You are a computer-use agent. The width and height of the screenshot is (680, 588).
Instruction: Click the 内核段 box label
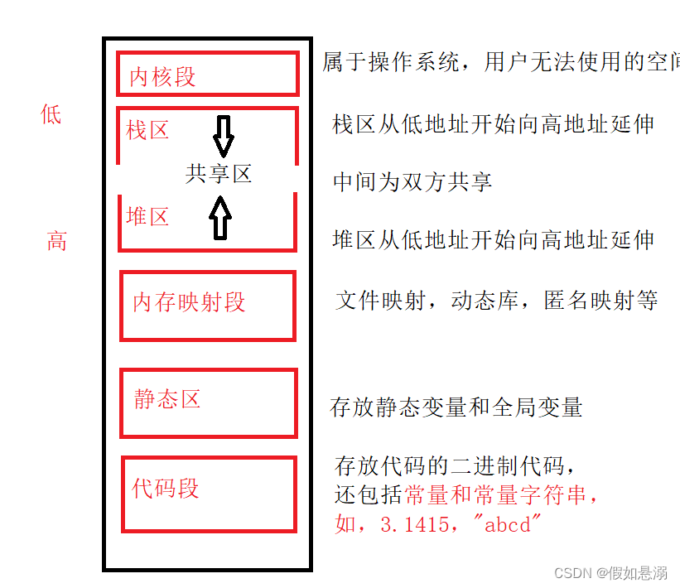click(163, 77)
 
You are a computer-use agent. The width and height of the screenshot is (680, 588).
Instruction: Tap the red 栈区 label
click(148, 130)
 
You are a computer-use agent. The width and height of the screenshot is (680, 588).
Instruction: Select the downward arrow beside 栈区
click(223, 136)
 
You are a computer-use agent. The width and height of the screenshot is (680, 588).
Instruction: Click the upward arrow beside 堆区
click(220, 218)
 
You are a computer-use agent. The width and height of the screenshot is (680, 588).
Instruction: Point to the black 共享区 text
click(219, 174)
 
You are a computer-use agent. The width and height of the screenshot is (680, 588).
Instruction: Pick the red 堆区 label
click(148, 217)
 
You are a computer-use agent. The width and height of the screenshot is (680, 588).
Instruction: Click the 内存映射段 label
click(190, 302)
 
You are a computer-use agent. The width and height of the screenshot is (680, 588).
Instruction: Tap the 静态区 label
click(167, 399)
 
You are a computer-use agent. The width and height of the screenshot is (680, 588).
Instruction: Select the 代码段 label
click(166, 488)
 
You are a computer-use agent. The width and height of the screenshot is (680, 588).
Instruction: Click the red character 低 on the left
click(51, 114)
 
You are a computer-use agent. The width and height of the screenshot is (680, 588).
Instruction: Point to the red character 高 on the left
click(56, 242)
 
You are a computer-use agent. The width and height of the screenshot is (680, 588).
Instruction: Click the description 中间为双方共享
click(412, 182)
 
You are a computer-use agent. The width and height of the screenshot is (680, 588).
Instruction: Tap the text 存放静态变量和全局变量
click(456, 407)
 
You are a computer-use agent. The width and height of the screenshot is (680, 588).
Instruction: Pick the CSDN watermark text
click(610, 572)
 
